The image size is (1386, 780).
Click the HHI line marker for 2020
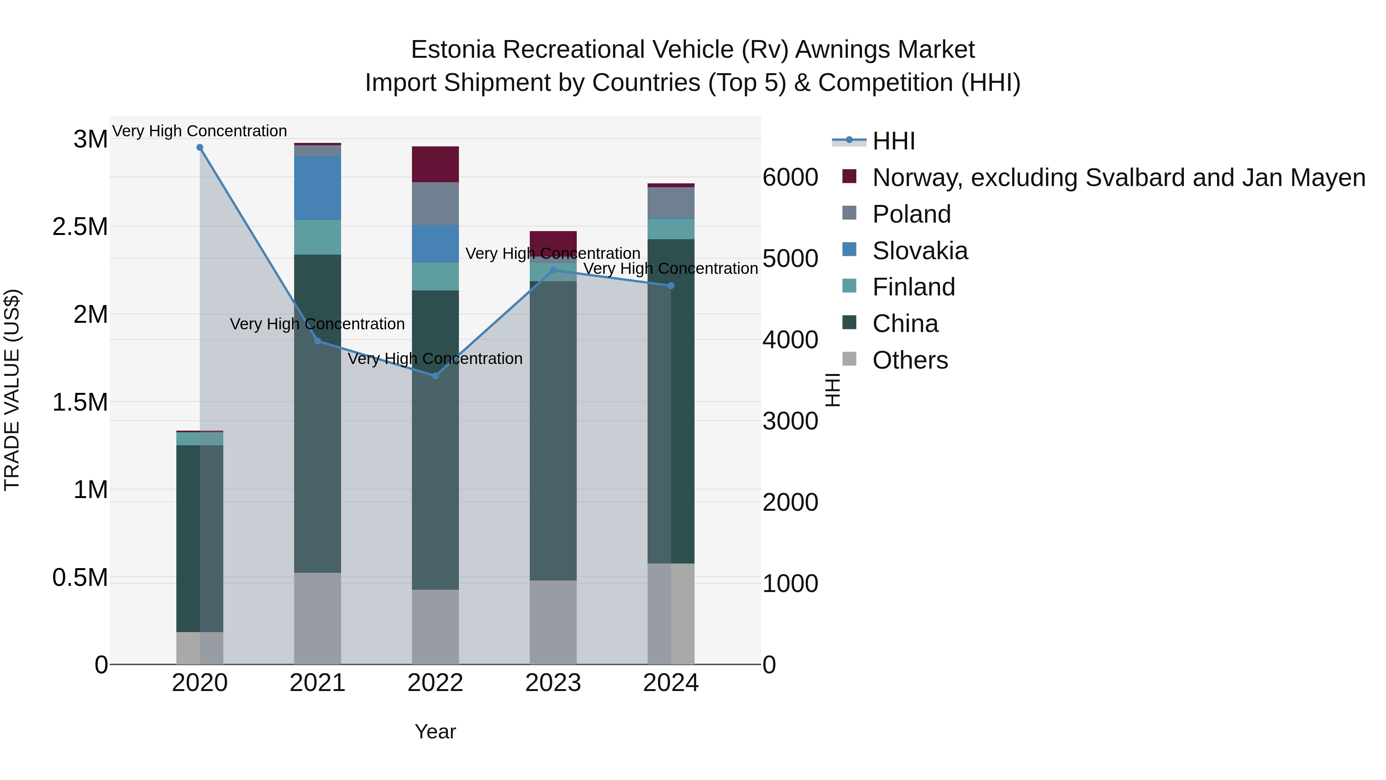click(x=199, y=148)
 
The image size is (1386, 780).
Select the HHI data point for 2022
click(x=435, y=376)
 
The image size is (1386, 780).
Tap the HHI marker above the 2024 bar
click(x=671, y=286)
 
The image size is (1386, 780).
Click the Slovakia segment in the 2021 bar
click(x=318, y=187)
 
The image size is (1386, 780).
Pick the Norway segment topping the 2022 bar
click(x=435, y=164)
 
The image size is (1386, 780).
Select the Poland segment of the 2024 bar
click(x=671, y=202)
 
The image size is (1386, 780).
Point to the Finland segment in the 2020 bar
click(x=199, y=439)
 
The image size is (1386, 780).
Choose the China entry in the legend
click(x=905, y=324)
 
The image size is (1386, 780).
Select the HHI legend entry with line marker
click(x=893, y=141)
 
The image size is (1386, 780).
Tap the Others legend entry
click(x=910, y=360)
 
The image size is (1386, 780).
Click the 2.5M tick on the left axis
click(x=80, y=226)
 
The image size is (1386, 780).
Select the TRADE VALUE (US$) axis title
click(x=12, y=390)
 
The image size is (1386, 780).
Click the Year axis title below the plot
click(x=435, y=731)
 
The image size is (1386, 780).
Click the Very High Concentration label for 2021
click(x=318, y=324)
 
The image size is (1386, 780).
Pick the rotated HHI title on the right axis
click(x=832, y=390)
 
